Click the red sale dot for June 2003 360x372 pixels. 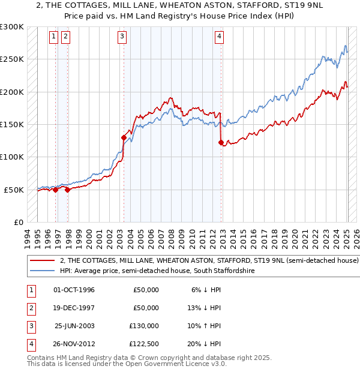[x=124, y=137]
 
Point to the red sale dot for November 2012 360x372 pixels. [x=221, y=142]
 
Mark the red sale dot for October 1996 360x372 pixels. [x=56, y=190]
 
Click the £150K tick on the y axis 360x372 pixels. [x=12, y=124]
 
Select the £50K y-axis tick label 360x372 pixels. [x=14, y=190]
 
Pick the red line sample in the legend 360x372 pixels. [x=43, y=261]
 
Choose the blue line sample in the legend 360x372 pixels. [x=43, y=271]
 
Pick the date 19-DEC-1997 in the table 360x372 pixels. [x=74, y=308]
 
